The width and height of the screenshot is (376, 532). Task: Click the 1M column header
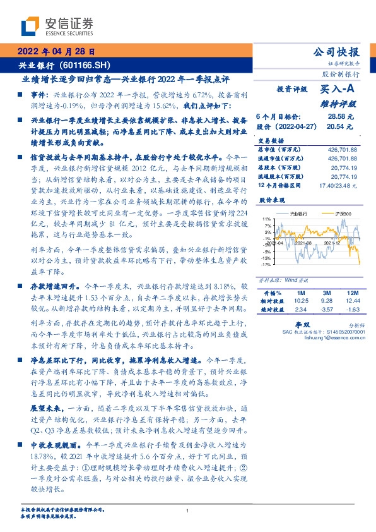tap(300, 293)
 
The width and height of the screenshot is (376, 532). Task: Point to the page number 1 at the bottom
tap(187, 511)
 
